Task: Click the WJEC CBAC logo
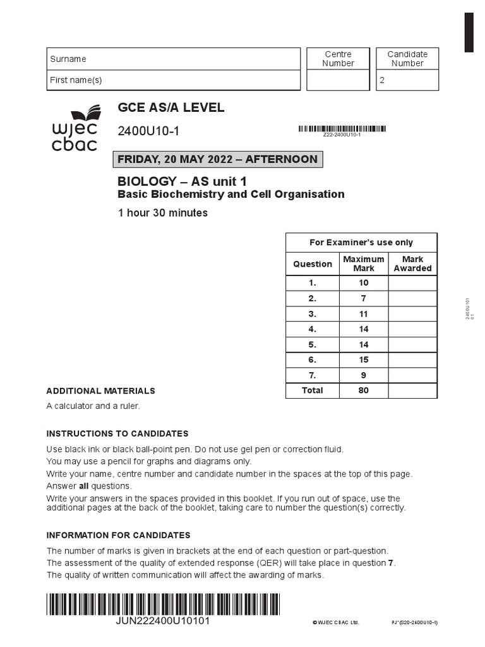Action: (75, 128)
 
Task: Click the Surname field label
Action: (68, 59)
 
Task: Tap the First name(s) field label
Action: (76, 80)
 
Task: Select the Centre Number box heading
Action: (338, 59)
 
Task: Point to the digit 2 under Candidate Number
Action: (382, 81)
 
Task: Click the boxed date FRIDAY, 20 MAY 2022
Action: (217, 159)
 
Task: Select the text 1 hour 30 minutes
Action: (163, 213)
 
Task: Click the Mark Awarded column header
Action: (412, 263)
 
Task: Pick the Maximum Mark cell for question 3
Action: (364, 313)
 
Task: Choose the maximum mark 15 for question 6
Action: (364, 360)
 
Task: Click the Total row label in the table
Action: (312, 390)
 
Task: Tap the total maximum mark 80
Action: (364, 390)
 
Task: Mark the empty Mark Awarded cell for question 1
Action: (412, 282)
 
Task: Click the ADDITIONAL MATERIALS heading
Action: (100, 391)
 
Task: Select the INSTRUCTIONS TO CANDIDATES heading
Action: (117, 433)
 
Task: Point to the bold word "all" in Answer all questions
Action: (83, 486)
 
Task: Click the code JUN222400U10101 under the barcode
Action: (163, 620)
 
